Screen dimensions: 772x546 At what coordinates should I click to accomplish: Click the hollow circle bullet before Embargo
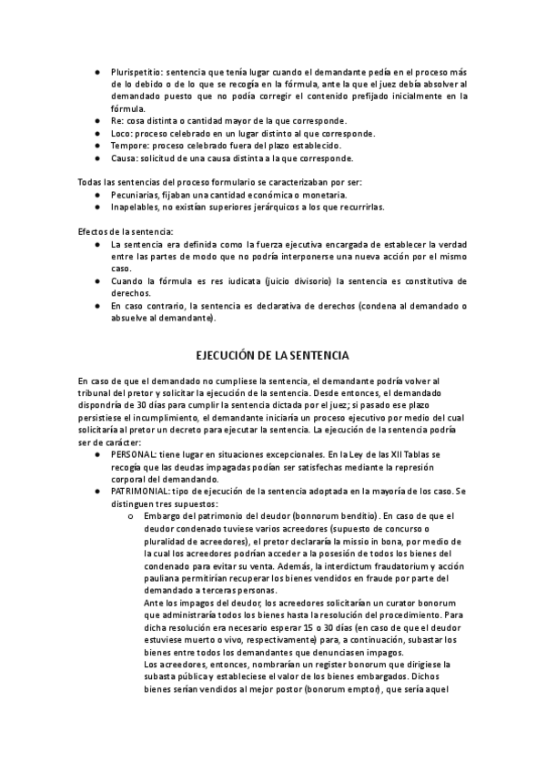pyautogui.click(x=132, y=516)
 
